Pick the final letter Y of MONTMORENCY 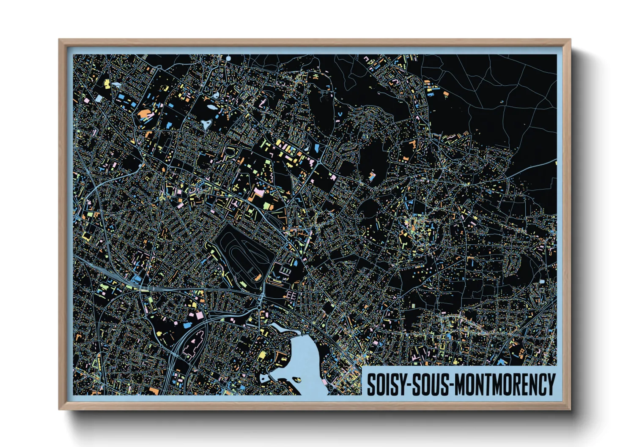tap(551, 384)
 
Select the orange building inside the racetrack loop tap(257, 278)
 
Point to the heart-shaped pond tap(206, 124)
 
